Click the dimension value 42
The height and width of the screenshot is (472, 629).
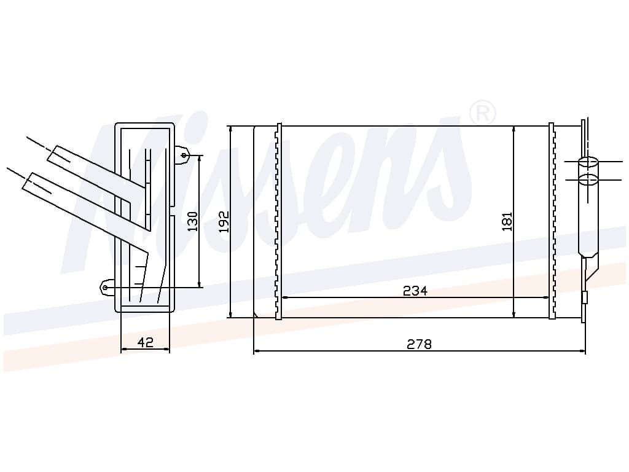pyautogui.click(x=145, y=342)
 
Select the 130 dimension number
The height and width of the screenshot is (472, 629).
pyautogui.click(x=193, y=221)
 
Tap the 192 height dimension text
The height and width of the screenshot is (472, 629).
pyautogui.click(x=224, y=221)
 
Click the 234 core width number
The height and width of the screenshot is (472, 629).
pyautogui.click(x=415, y=291)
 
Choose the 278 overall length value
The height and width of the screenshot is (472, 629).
pyautogui.click(x=419, y=344)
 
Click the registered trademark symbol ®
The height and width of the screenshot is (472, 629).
pyautogui.click(x=482, y=114)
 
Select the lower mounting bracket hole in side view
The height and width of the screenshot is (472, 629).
pyautogui.click(x=105, y=288)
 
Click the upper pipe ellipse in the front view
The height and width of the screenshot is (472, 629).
pyautogui.click(x=588, y=162)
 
